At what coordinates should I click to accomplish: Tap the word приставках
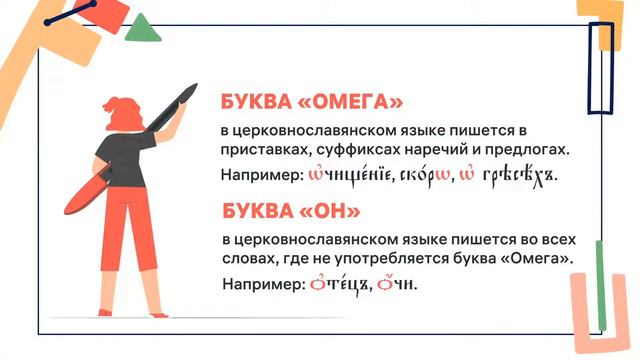(261, 151)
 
